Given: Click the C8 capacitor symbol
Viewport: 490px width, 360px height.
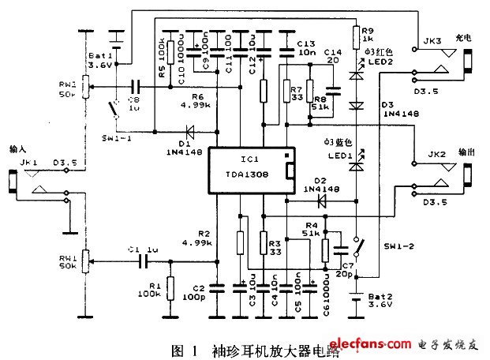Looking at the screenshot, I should (x=135, y=88).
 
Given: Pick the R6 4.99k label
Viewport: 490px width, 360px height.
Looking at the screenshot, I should (x=188, y=99).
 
